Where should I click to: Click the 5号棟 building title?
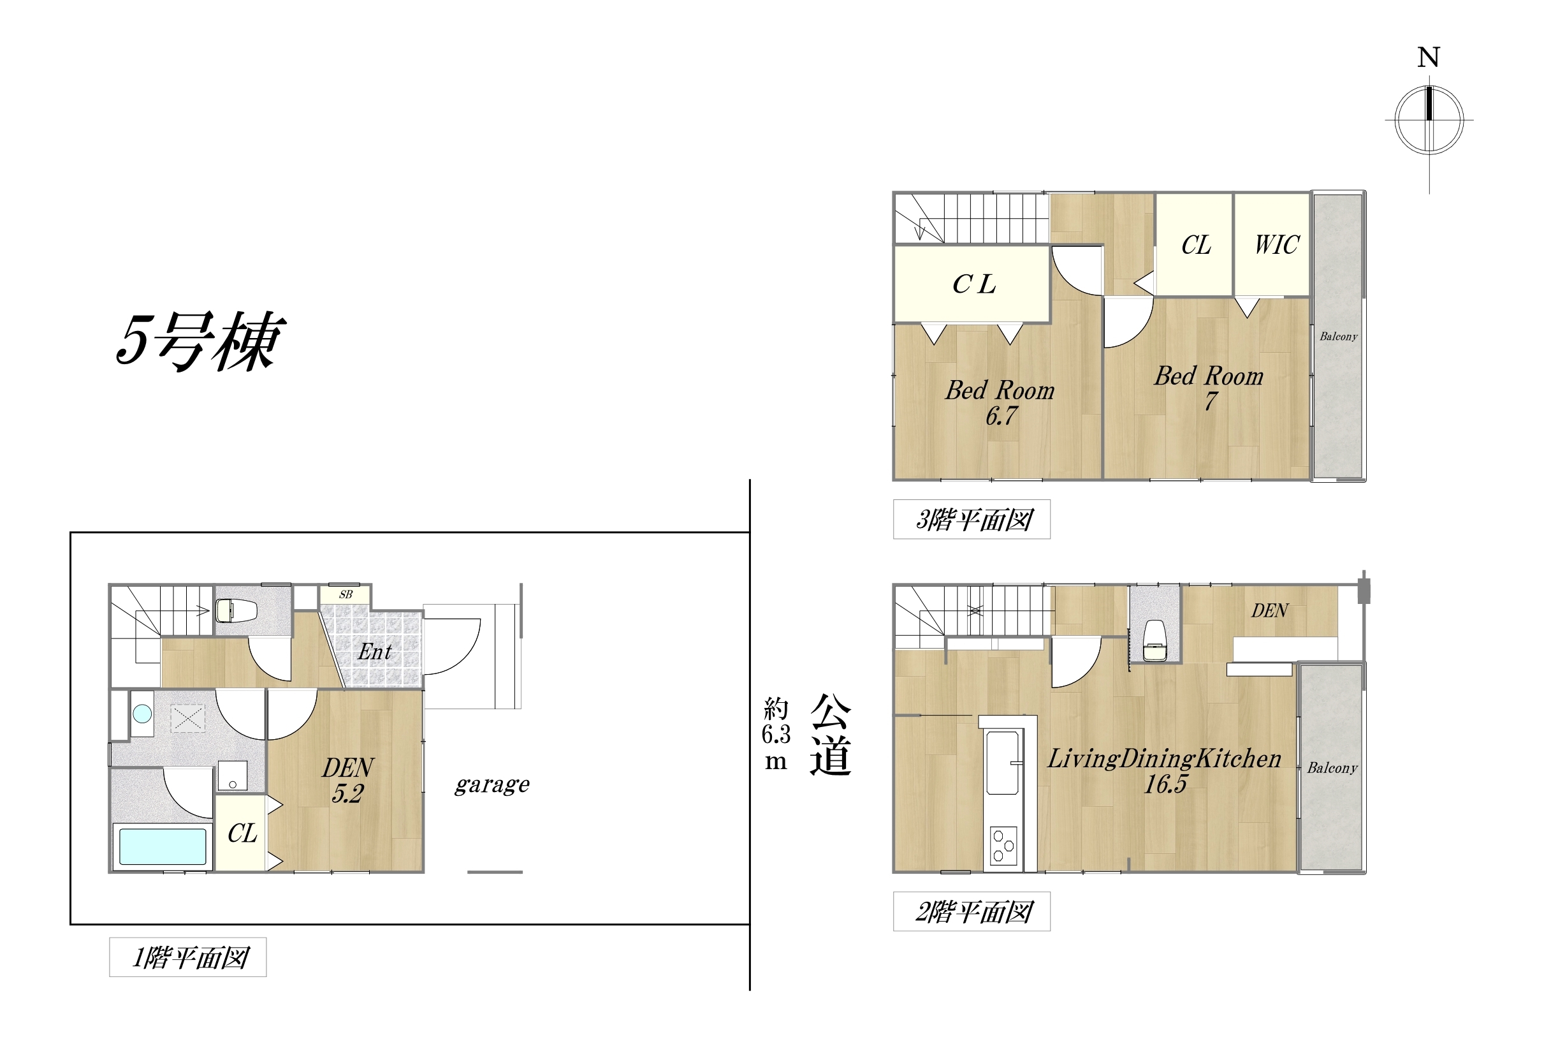[200, 341]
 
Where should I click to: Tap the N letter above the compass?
[1429, 57]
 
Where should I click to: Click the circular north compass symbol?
[1429, 121]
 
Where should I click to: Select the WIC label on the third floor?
[1277, 245]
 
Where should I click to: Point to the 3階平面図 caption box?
[972, 519]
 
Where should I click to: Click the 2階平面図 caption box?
[972, 911]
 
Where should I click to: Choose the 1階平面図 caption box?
[187, 957]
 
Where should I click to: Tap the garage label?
[492, 784]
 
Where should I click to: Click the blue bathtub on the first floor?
[163, 847]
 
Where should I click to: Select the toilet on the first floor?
[236, 610]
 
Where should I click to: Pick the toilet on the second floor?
[1154, 640]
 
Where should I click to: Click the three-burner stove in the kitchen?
[1003, 846]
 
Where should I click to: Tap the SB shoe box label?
[346, 594]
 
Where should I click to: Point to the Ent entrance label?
[375, 652]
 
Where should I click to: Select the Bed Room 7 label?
[1209, 388]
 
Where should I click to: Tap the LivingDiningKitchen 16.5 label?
[1165, 770]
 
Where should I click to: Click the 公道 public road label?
[831, 735]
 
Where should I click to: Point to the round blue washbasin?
[142, 714]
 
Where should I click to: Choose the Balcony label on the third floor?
[1339, 336]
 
